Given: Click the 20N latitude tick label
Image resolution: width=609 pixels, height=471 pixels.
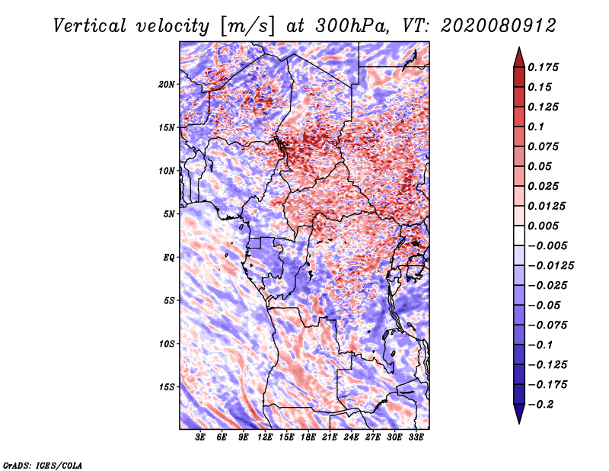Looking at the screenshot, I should point(167,84).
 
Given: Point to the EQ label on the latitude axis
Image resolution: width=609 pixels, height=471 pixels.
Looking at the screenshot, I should point(169,258).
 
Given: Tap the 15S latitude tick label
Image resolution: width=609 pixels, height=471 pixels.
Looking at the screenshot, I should point(167,387).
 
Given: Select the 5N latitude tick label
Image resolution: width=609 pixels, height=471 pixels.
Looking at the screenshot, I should point(169,214).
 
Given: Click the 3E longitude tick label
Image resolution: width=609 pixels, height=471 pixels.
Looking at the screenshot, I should point(200,437).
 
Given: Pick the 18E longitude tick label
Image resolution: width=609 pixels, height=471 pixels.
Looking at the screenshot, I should point(308,437).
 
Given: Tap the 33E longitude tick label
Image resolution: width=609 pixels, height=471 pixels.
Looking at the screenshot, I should point(416,437).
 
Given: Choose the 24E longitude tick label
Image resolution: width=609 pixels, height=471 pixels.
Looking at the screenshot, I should point(351,437).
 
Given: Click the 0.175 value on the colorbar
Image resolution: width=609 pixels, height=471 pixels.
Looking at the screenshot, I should point(545,67).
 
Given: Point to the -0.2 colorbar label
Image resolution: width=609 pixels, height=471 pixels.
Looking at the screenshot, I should point(541,404).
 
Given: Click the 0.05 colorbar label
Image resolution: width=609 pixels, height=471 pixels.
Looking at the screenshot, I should point(540,166).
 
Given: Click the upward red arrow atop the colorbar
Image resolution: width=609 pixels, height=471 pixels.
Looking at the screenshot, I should point(518,56).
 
